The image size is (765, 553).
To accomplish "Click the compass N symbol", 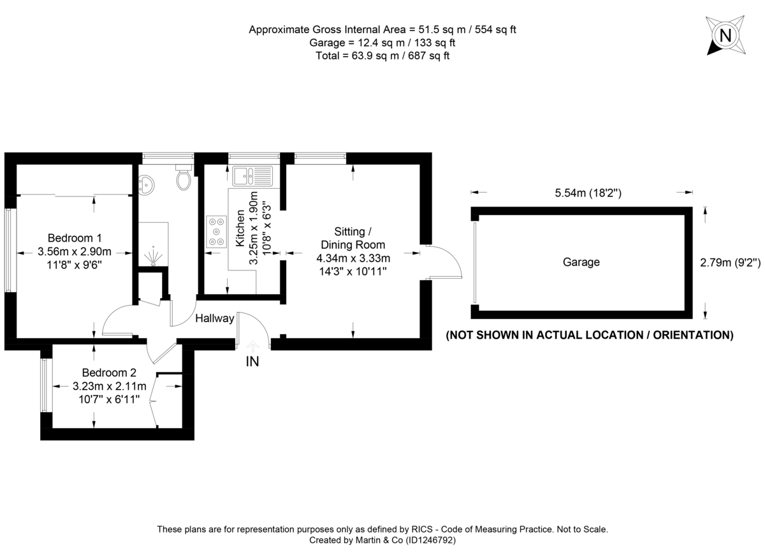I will point(725,35).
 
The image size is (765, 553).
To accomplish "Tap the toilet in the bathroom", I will point(184,179).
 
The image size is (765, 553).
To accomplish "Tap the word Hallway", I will point(215,318).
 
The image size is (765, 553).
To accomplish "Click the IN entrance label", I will point(252,361).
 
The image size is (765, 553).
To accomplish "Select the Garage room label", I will point(581,262).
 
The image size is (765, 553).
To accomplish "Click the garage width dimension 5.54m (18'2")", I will point(581,191).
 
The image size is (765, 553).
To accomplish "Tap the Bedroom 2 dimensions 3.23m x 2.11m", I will point(110,386).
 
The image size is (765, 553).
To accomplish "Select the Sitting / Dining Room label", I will point(353,238).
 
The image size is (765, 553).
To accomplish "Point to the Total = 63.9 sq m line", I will point(382,55).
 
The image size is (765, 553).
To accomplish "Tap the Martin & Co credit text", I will point(382,540).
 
